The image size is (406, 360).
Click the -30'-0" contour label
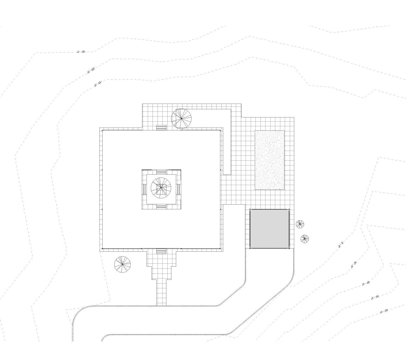81,51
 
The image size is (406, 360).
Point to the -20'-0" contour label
91,70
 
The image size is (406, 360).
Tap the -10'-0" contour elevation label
98,84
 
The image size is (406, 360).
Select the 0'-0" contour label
340,244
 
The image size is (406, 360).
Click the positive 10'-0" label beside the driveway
354,265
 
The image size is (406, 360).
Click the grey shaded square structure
269,229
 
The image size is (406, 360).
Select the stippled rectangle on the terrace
269,160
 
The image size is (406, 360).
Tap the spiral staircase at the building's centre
161,188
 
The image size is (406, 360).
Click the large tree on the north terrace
181,119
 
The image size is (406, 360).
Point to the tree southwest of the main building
122,264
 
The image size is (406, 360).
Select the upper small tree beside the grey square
300,224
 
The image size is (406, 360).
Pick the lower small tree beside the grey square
305,239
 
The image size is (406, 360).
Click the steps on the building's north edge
161,127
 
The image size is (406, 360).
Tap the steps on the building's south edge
161,251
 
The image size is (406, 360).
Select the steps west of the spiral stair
144,189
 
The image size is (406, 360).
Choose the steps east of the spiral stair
178,189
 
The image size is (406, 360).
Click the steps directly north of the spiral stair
161,172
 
